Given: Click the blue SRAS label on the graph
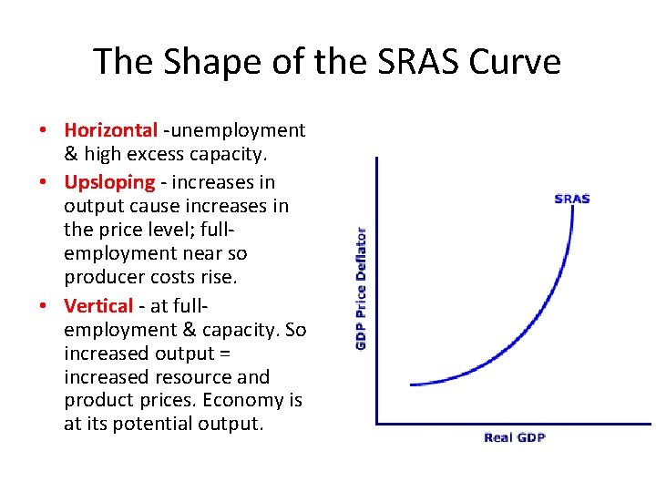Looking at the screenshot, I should tap(572, 199).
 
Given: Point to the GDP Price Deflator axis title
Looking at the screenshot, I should tap(362, 288).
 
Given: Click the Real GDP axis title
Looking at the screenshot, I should tap(515, 438).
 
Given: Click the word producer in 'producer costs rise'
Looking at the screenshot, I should tap(103, 277).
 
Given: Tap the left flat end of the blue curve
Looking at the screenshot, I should tap(413, 384).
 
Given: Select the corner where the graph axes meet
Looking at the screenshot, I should tap(377, 423).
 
